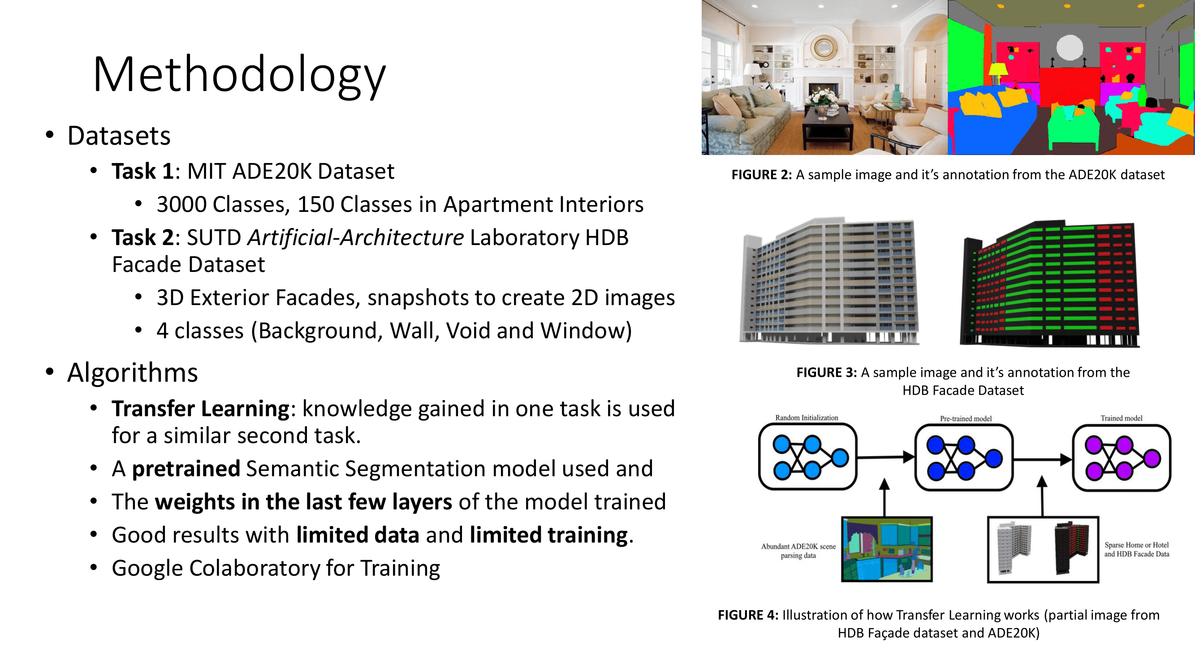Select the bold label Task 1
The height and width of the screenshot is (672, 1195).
coord(142,171)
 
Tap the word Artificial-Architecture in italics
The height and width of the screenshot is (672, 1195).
coord(355,237)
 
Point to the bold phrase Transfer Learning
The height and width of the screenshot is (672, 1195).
coord(200,409)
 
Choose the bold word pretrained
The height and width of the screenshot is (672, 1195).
coord(186,469)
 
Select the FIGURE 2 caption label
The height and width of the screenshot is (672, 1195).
coord(761,175)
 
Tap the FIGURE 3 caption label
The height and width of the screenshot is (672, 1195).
coord(826,372)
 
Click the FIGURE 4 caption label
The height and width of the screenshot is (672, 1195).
coord(748,615)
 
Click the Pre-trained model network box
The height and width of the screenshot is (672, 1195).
coord(963,458)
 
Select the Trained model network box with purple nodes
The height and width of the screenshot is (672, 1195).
coord(1121,458)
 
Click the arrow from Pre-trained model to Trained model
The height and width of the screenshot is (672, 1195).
coord(1042,460)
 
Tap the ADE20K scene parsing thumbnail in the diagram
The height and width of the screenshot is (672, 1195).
coord(887,549)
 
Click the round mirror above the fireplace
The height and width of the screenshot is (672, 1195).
coord(824,47)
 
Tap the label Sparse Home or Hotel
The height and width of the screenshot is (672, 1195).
coord(1136,545)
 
